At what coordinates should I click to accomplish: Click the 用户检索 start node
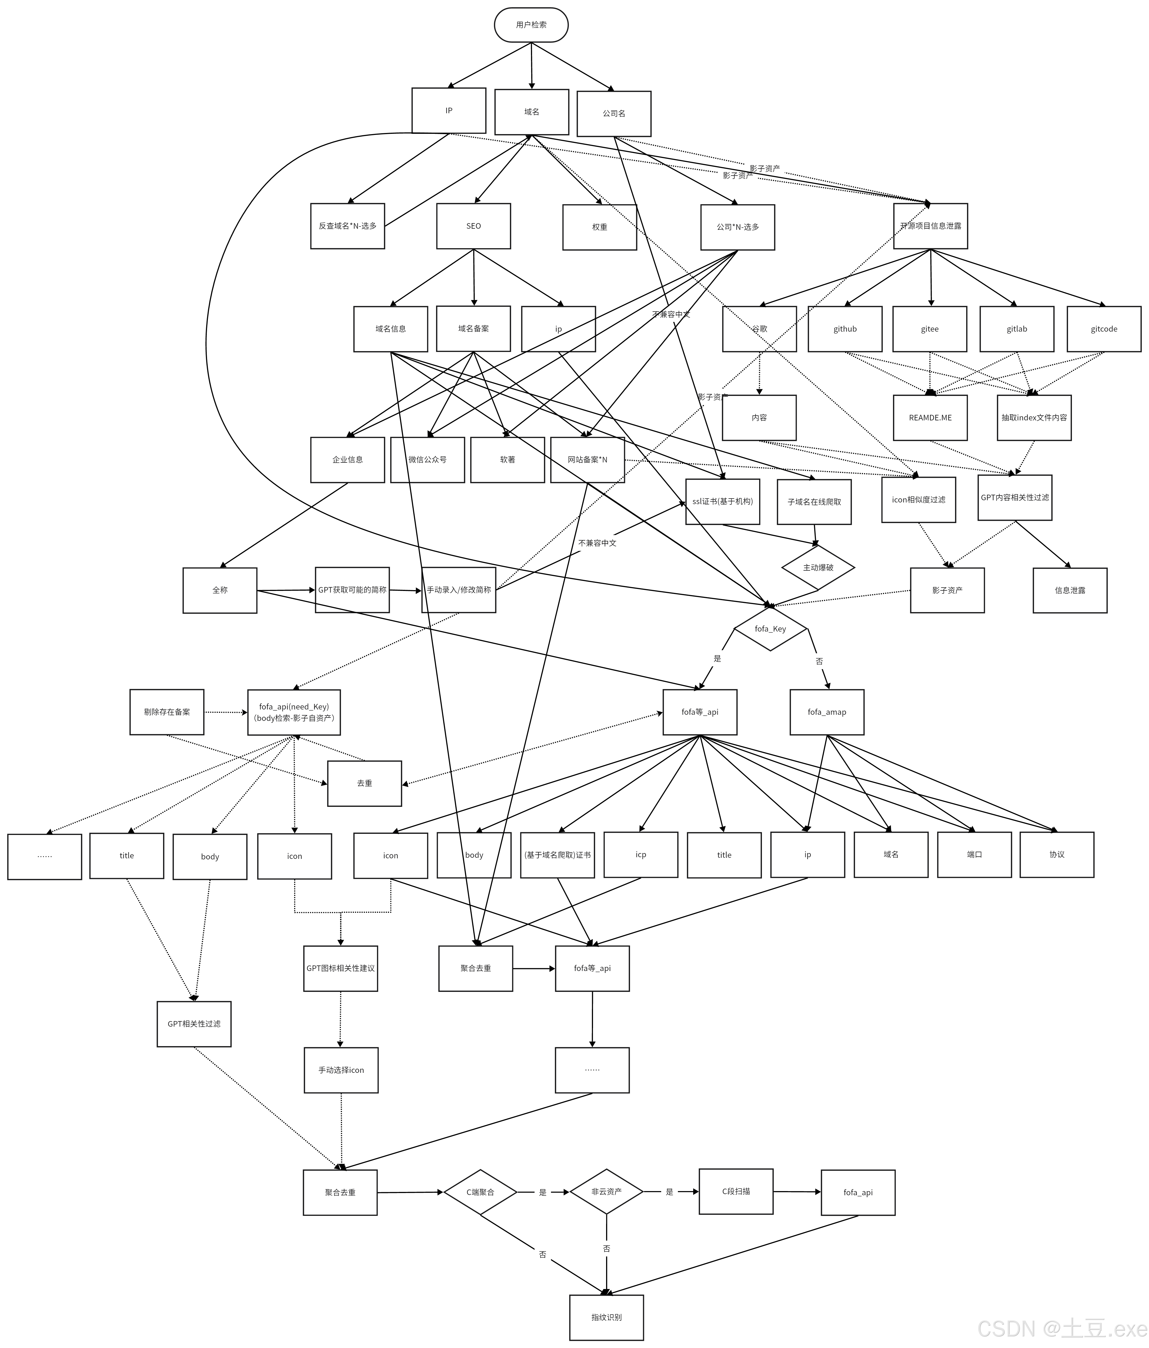point(531,25)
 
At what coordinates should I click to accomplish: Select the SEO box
point(473,226)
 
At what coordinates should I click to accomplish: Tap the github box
point(845,329)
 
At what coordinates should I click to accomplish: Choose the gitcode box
point(1103,329)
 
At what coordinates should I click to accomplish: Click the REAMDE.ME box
point(930,418)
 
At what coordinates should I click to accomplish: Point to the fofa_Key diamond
point(770,629)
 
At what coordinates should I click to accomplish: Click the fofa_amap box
point(826,712)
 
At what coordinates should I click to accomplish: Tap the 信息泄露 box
point(1070,590)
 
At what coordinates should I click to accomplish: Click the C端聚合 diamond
point(480,1192)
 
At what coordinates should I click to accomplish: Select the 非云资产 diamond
point(606,1191)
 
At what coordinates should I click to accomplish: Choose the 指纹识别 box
point(606,1317)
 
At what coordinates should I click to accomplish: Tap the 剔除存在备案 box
point(167,712)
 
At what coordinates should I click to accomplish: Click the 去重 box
point(364,783)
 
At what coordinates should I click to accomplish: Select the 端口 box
point(974,854)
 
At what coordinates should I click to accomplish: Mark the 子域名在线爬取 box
point(814,502)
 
